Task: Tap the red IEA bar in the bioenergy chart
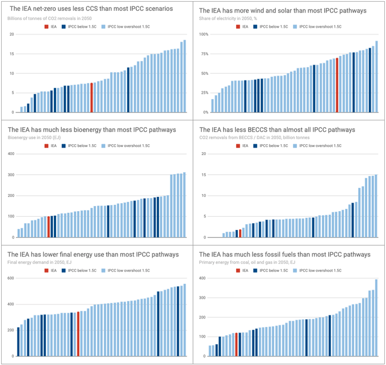49,226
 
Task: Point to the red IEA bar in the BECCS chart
240,233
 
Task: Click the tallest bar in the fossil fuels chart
376,317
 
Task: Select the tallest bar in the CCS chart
184,76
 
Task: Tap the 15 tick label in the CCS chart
11,54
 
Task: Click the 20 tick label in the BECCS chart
203,154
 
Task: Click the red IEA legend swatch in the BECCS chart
238,146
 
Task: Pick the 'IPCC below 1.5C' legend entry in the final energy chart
82,270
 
